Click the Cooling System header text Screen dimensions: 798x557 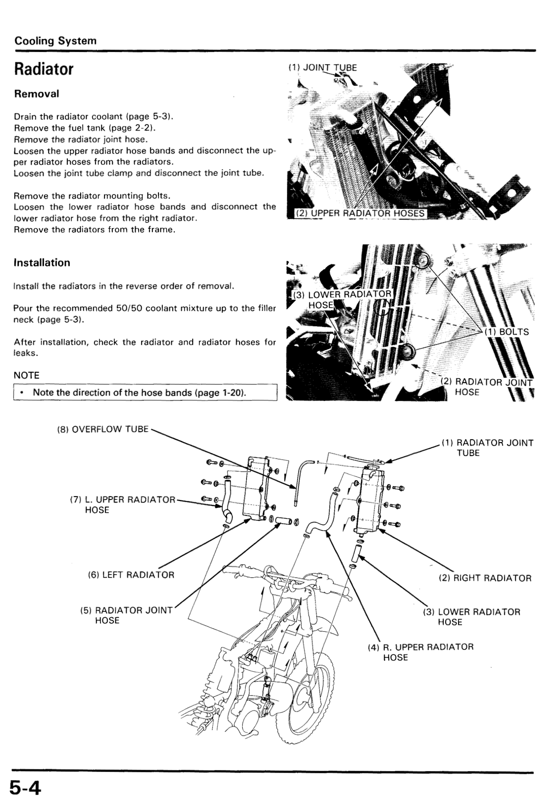click(x=55, y=41)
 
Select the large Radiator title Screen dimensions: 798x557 click(x=44, y=69)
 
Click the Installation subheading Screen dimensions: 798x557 click(x=42, y=263)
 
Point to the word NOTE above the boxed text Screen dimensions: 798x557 click(x=26, y=375)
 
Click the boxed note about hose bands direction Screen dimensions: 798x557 click(x=145, y=393)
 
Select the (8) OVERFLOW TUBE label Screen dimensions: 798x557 click(x=103, y=429)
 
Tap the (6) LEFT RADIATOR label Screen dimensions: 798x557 click(x=131, y=575)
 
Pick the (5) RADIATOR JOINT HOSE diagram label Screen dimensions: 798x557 click(x=126, y=615)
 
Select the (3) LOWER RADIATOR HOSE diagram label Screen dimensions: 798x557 click(x=471, y=617)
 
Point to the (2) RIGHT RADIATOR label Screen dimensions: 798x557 click(x=485, y=578)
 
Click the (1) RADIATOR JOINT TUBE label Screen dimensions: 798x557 click(x=487, y=448)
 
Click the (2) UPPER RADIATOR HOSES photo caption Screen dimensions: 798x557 click(x=360, y=213)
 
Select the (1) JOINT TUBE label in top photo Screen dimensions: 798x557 click(x=322, y=68)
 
